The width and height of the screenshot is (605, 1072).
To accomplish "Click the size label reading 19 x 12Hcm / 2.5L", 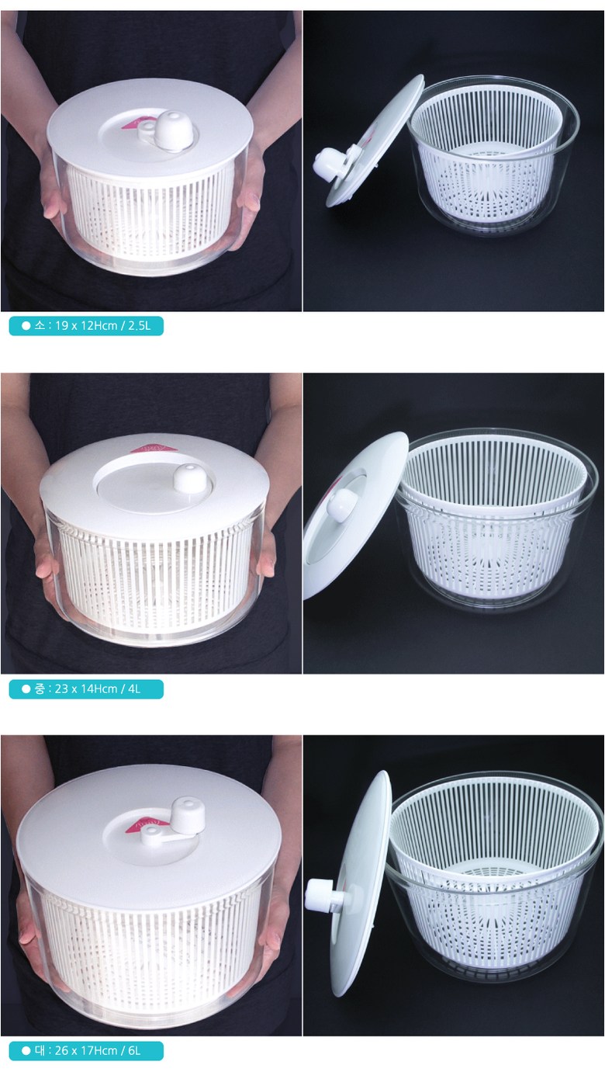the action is pos(86,326).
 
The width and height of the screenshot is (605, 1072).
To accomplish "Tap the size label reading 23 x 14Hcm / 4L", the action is pos(86,689).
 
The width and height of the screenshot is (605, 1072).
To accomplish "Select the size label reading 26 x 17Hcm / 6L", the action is pos(86,1051).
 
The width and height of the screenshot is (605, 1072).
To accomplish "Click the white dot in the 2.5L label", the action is pos(26,326).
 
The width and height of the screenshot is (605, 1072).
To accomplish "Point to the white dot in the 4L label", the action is pos(26,689).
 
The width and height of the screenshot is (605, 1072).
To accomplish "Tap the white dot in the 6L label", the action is pos(26,1051).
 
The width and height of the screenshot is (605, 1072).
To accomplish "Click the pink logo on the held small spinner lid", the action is pos(133,123).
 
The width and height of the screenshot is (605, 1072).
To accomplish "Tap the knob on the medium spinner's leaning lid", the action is pos(340,501).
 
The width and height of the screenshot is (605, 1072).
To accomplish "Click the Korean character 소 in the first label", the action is pos(40,326).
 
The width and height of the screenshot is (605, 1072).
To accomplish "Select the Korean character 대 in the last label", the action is pos(40,1051).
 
